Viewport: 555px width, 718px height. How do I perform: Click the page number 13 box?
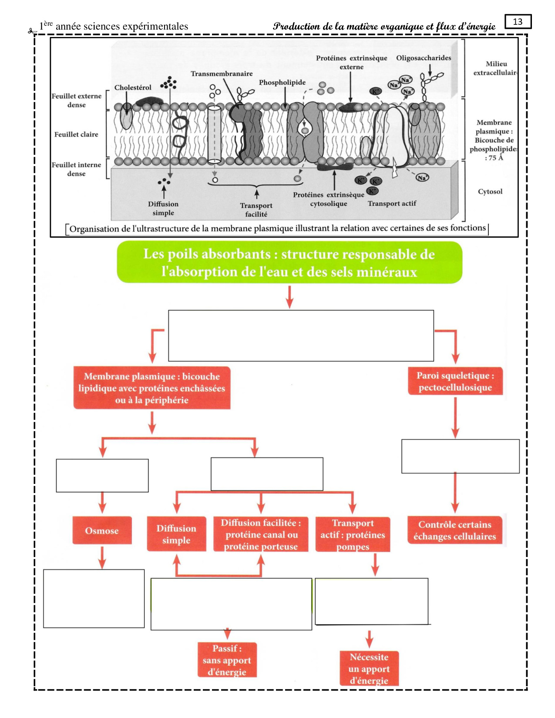point(518,22)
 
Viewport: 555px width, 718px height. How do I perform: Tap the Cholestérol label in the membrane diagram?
point(133,87)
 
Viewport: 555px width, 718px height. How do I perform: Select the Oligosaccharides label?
point(423,58)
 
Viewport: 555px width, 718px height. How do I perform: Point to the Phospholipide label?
point(282,82)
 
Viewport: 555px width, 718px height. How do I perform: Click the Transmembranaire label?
point(221,74)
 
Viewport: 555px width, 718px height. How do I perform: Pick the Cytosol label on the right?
point(490,191)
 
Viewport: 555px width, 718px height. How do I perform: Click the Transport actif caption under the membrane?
point(392,203)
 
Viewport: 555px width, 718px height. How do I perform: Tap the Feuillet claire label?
point(76,134)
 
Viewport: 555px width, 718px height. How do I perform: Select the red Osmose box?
point(102,530)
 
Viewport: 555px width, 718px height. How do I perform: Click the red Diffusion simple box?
point(176,534)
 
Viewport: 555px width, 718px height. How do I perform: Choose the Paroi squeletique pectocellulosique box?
point(455,381)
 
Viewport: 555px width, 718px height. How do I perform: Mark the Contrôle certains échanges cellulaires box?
point(454,530)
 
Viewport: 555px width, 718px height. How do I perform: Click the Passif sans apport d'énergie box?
point(227,660)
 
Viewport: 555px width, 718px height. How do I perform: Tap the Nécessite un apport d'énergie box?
point(369,668)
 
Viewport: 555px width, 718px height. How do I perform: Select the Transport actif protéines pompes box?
point(353,534)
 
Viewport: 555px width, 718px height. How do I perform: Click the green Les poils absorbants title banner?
point(289,262)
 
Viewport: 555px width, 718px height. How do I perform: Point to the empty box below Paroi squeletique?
point(460,456)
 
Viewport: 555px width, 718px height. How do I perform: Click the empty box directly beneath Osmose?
point(94,598)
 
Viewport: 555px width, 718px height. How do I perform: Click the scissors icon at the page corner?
point(31,31)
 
